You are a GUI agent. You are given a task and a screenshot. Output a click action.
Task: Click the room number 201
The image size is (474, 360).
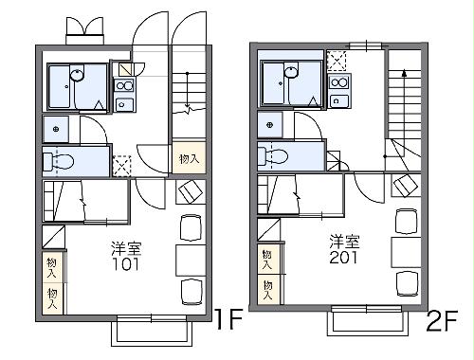[x=344, y=257]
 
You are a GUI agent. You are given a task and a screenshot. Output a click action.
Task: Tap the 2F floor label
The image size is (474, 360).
[x=443, y=322]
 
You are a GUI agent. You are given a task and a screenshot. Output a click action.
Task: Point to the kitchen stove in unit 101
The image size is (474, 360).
[x=124, y=85]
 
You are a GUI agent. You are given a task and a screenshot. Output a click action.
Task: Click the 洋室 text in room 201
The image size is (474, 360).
[x=344, y=241]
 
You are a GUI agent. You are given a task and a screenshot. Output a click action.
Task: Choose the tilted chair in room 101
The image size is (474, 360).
[x=189, y=192]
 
